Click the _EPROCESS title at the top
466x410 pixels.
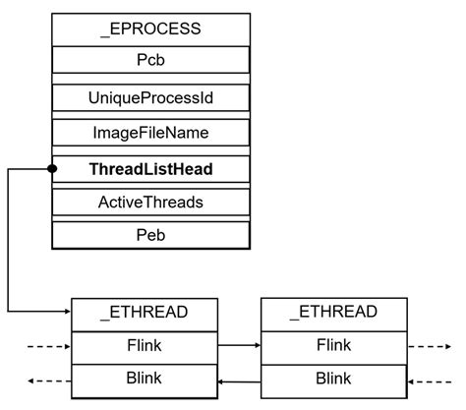coord(150,29)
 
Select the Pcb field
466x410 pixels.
coord(150,60)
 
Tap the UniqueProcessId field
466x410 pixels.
coord(150,99)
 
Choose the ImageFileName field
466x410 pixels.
coord(150,133)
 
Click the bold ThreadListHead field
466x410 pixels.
coord(150,169)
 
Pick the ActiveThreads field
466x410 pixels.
coord(150,202)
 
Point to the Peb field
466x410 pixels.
coord(150,235)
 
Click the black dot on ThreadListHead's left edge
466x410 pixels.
coord(51,169)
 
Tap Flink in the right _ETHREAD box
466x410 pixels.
coord(332,345)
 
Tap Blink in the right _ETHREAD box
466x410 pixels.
coord(332,379)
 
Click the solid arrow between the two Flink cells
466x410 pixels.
coord(239,346)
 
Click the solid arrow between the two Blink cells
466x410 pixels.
coord(239,381)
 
